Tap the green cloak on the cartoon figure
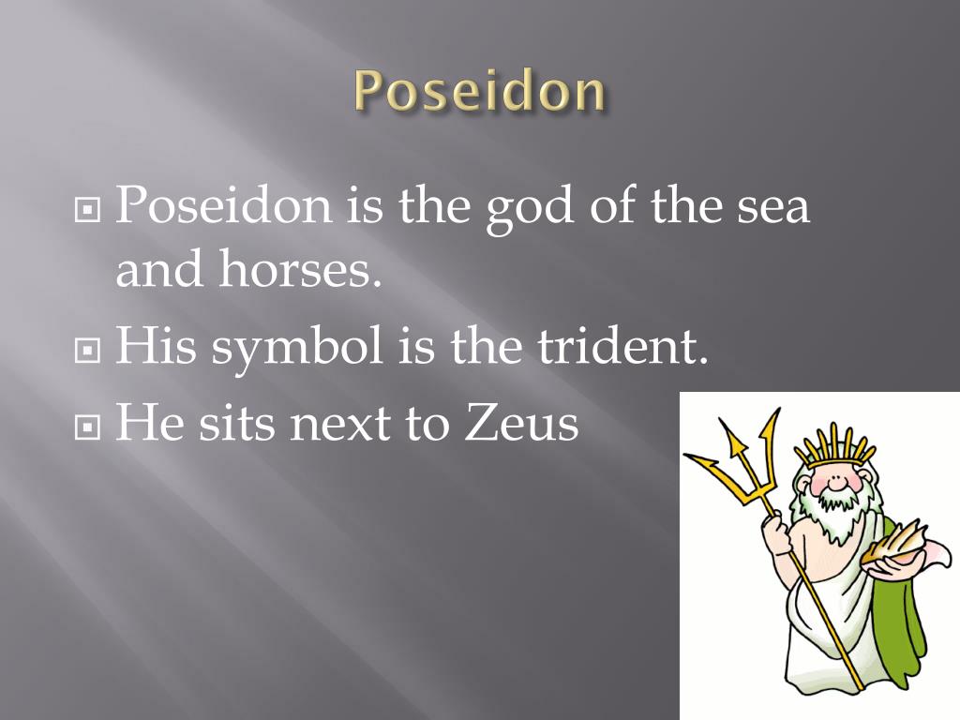click(x=900, y=600)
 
